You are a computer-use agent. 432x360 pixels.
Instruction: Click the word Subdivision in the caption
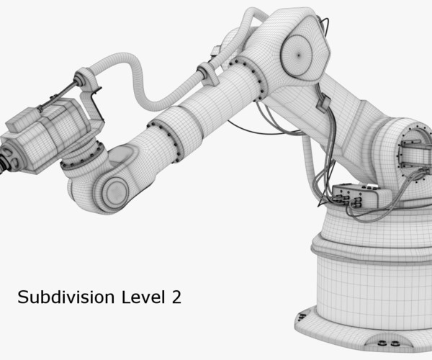tap(55, 297)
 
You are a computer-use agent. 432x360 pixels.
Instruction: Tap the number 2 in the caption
tap(175, 297)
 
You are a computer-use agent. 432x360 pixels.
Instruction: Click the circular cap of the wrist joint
tap(113, 191)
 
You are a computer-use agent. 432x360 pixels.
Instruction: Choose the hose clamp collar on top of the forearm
tap(204, 71)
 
